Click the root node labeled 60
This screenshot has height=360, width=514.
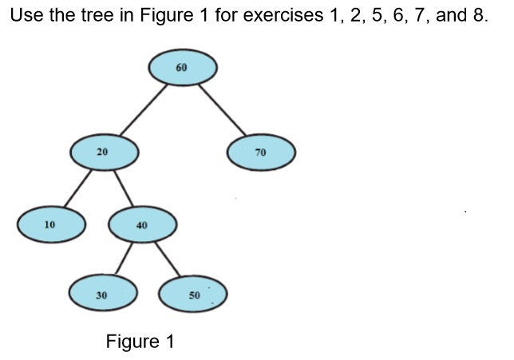[x=183, y=68]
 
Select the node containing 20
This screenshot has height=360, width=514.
[x=105, y=151]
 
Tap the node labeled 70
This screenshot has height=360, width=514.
[x=261, y=152]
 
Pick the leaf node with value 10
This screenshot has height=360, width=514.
[x=51, y=224]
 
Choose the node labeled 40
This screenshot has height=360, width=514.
[x=143, y=225]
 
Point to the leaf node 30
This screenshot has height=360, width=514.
[x=103, y=295]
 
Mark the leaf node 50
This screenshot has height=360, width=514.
[x=194, y=295]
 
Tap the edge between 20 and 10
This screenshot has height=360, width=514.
[x=77, y=188]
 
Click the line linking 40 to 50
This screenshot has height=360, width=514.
[x=168, y=259]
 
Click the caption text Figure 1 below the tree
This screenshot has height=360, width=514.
[x=140, y=342]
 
